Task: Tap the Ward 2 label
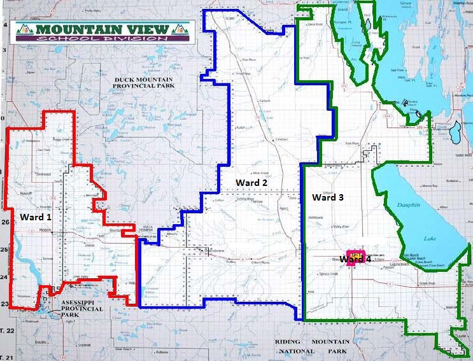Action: (251, 183)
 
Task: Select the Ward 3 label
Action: (328, 197)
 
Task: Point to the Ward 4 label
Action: (355, 259)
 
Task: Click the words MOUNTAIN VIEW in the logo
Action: (102, 29)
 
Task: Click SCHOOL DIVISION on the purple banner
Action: (102, 38)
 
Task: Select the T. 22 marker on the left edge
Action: (6, 331)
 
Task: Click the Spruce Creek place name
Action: (329, 274)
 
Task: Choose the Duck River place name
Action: (315, 25)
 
